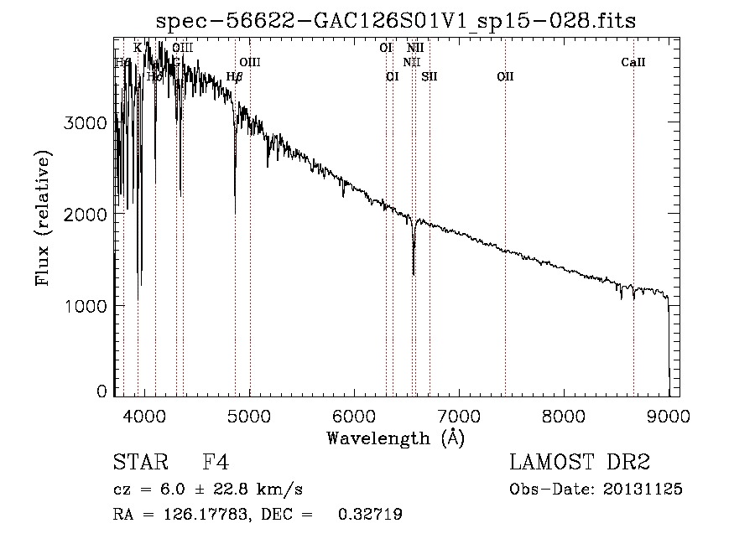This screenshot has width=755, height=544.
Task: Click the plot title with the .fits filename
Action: coord(396,22)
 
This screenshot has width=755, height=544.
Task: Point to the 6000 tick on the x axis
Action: coord(353,416)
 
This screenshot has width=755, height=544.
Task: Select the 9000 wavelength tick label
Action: coord(669,416)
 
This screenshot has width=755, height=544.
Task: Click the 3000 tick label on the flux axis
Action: coord(86,122)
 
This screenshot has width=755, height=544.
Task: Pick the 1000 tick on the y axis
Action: coord(86,306)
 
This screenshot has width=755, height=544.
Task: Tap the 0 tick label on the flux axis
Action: coord(102,391)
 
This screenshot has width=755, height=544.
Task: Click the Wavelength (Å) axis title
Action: coord(395,438)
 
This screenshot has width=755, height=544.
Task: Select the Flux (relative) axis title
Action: coord(43,218)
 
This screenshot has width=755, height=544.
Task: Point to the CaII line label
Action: coord(633,63)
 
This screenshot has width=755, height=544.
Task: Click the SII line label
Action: coord(430,77)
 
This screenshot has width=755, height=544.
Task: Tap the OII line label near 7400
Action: coord(505,77)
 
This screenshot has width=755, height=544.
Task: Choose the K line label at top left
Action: coord(138,49)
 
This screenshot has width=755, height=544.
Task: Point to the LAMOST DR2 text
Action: coord(580,462)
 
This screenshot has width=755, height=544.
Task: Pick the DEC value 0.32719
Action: coord(369,516)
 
